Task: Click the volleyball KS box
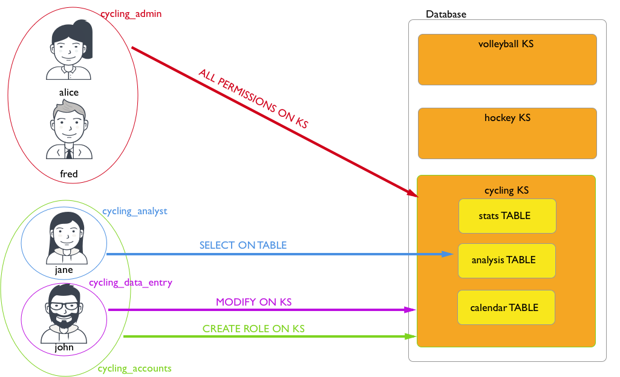[507, 59]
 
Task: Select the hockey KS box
[507, 133]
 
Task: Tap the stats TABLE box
[507, 215]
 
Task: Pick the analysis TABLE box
[506, 260]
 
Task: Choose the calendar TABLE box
[506, 307]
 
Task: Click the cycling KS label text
[506, 191]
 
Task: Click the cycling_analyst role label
[134, 211]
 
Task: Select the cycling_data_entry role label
[131, 283]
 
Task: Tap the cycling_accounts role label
[134, 368]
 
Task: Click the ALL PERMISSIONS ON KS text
[253, 98]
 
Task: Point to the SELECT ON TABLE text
[243, 245]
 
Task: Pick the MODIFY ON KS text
[254, 302]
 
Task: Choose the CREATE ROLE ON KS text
[253, 329]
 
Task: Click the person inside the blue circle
[63, 238]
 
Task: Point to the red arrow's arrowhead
[414, 194]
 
